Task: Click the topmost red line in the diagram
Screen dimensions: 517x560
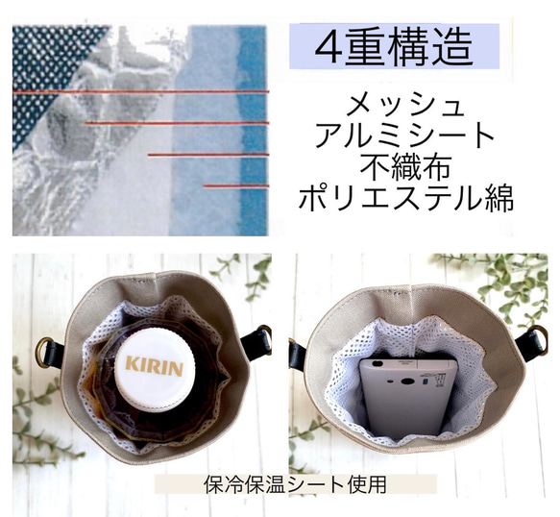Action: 140,92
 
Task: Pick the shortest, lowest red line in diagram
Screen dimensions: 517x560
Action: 235,185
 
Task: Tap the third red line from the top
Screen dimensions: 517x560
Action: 207,154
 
